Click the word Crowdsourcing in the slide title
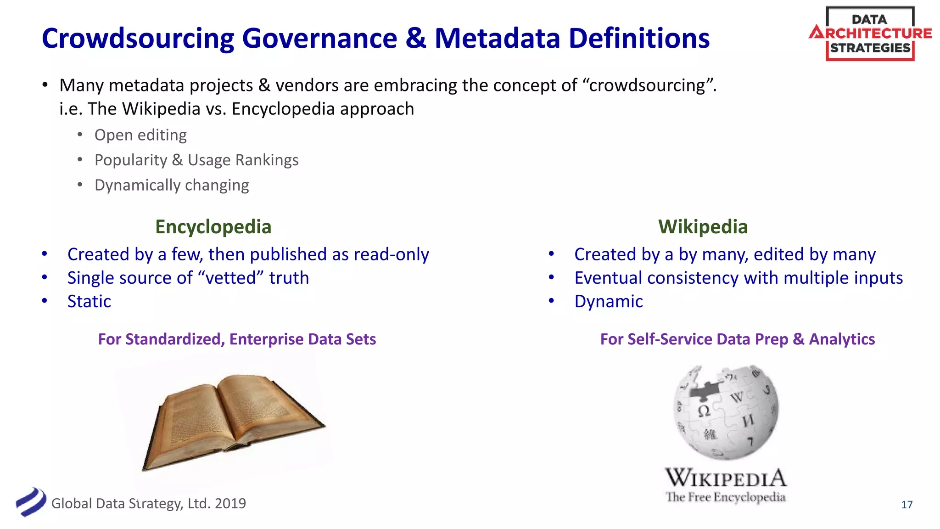coord(138,39)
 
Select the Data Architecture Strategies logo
coord(870,34)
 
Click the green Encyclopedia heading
coord(213,227)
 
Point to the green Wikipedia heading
coord(703,227)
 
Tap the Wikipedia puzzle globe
coord(725,412)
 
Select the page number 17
coord(906,505)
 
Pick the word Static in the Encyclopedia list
coord(89,301)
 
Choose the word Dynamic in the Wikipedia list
coord(609,301)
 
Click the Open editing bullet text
coord(140,135)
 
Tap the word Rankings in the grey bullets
coord(267,160)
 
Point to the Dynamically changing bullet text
coord(172,185)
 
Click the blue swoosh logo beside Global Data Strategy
coord(31,501)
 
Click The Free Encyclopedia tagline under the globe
coord(725,497)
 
